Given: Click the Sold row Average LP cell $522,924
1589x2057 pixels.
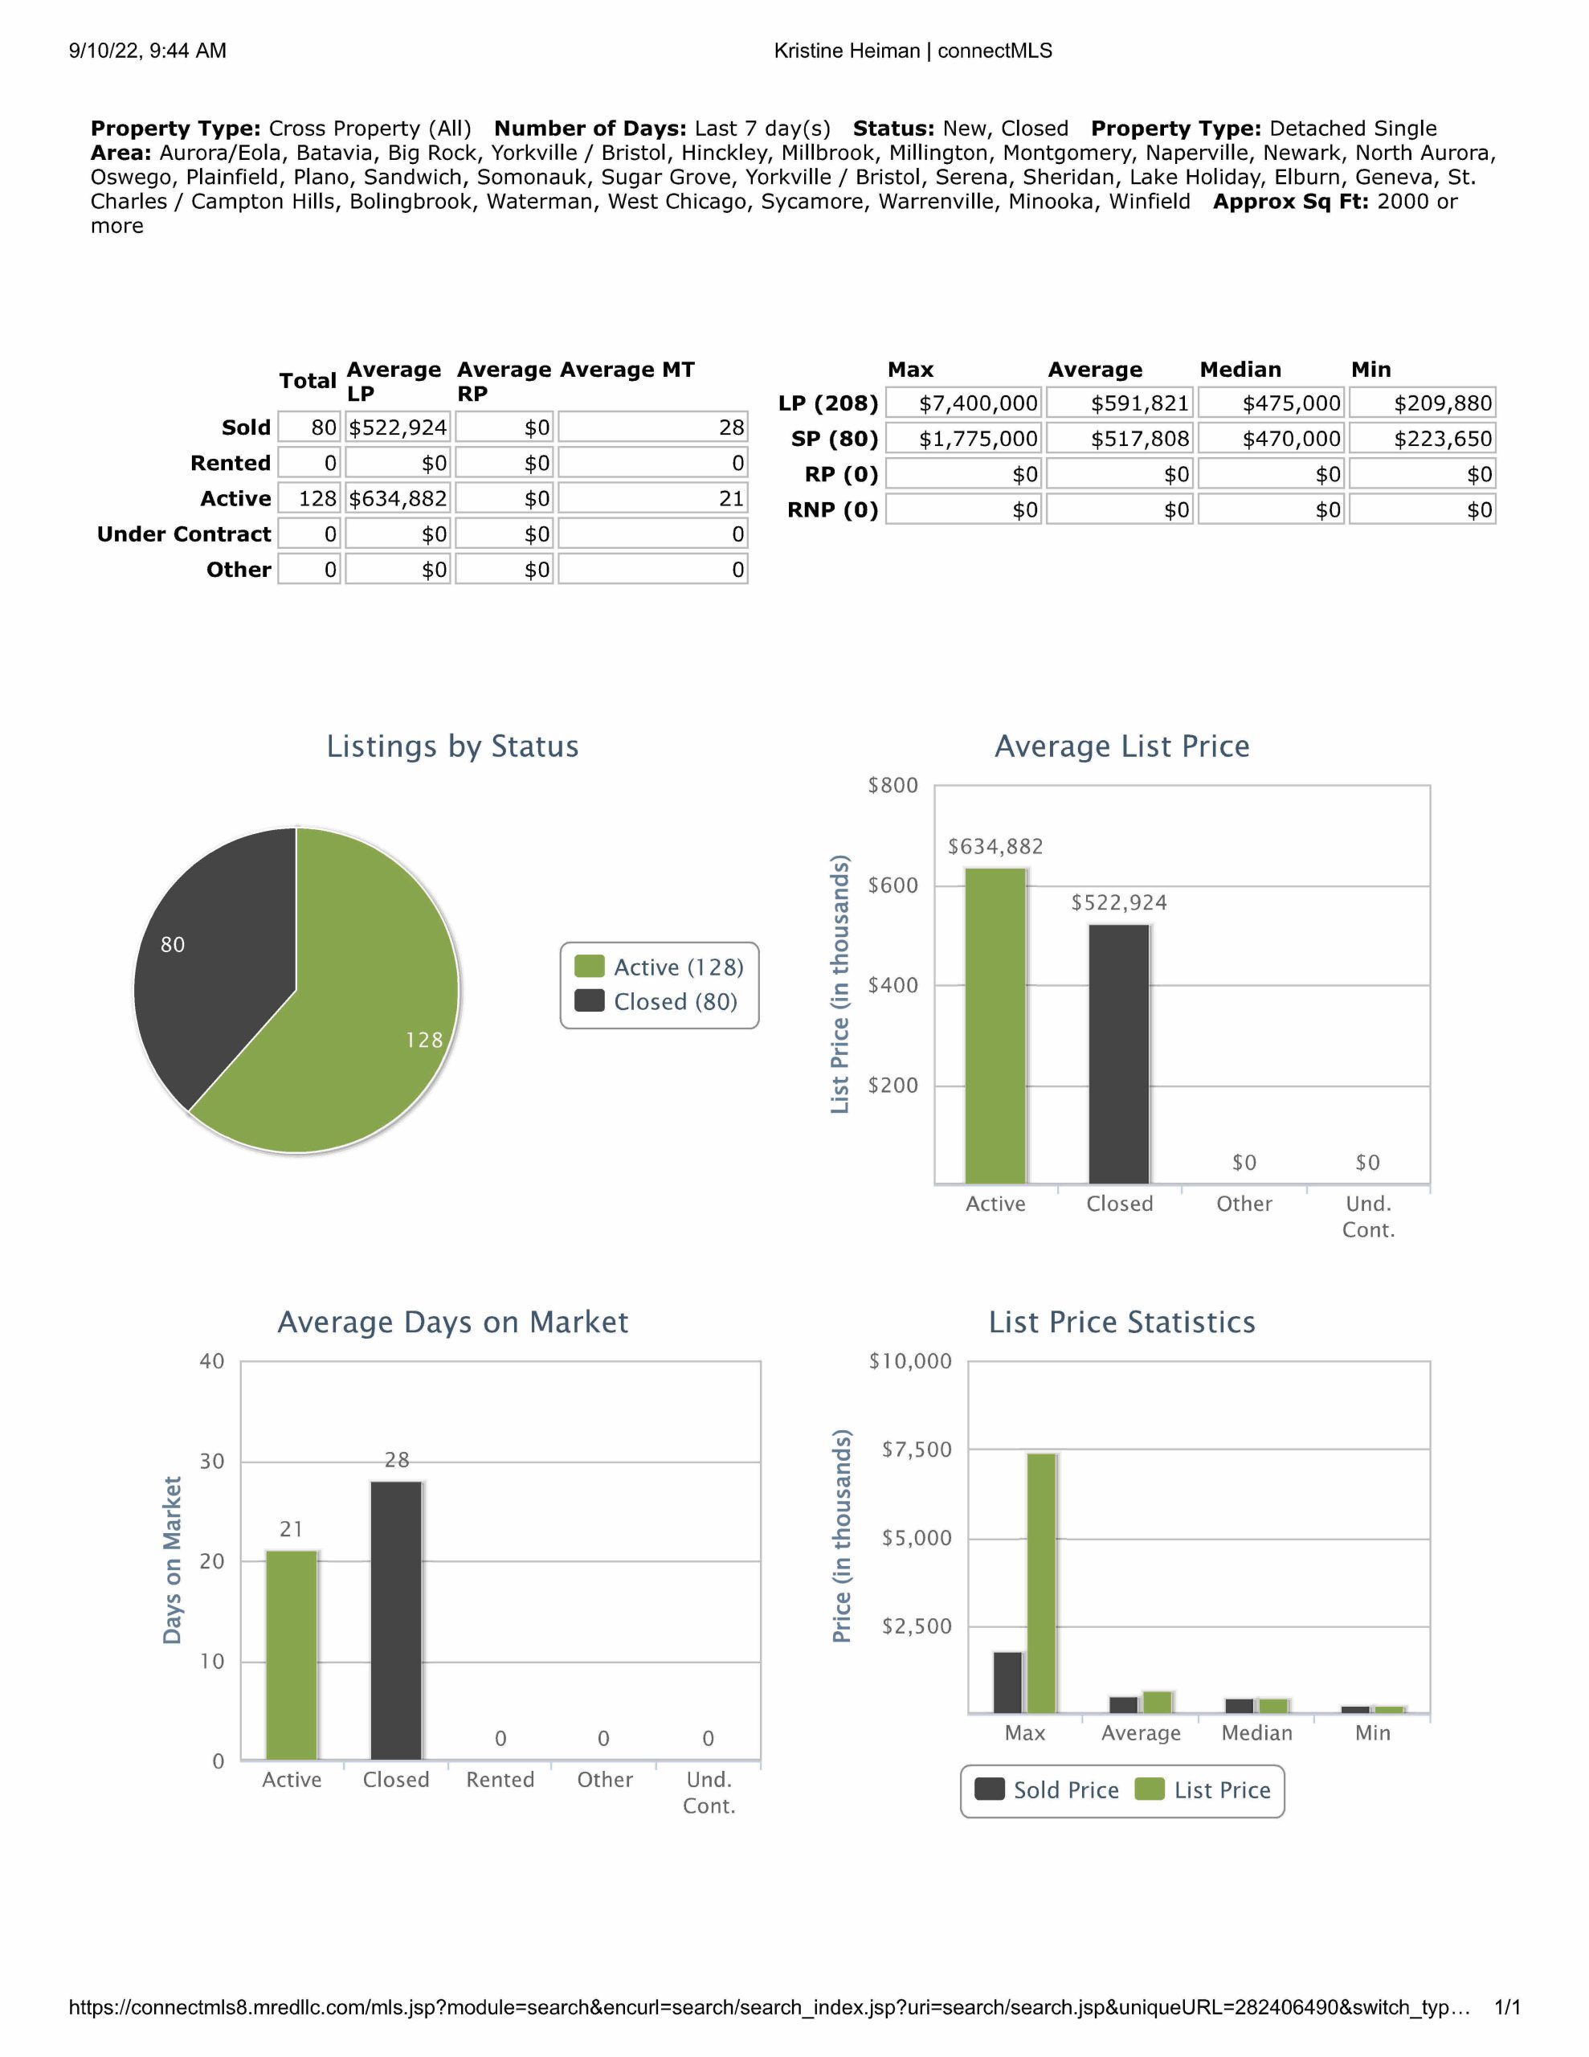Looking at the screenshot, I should (398, 427).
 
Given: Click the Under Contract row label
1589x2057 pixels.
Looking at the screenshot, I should (184, 534).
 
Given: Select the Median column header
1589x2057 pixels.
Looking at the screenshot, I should (1240, 369).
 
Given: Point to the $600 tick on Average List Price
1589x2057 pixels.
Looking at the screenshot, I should (892, 885).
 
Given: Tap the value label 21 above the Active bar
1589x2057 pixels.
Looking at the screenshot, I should (291, 1528).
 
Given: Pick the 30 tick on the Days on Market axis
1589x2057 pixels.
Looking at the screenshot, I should (212, 1461).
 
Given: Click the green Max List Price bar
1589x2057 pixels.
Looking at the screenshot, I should (1041, 1582).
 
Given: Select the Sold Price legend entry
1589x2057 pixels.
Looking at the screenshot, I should (1048, 1789).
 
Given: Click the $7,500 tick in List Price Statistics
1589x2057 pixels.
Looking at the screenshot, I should (916, 1449).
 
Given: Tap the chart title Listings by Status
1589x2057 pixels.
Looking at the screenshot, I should (452, 746).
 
